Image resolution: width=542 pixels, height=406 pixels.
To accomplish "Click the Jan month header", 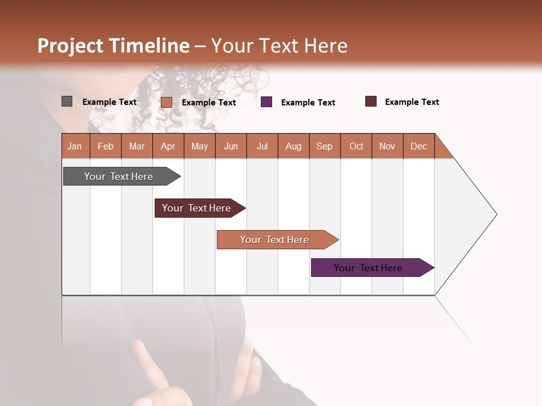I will [x=75, y=146].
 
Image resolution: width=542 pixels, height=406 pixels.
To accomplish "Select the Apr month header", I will [x=168, y=146].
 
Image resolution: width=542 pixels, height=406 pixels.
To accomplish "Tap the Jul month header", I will [x=262, y=146].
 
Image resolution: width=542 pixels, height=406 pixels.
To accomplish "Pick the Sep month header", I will [x=324, y=146].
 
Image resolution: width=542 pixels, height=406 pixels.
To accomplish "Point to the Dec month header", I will [x=418, y=146].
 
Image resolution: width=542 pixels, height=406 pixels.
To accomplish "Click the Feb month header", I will [x=106, y=146].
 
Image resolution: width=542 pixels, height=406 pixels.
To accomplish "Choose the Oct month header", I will [x=356, y=146].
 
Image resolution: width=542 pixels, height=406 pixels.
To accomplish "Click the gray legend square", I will [x=67, y=101].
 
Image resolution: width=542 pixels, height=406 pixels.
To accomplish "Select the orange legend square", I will [x=167, y=102].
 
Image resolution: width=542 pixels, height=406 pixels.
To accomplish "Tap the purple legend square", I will [x=266, y=102].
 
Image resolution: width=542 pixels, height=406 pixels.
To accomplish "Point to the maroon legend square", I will [x=371, y=101].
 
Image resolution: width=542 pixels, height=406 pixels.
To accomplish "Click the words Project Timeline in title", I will [x=113, y=46].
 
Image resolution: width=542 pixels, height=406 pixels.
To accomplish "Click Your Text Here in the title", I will [x=279, y=46].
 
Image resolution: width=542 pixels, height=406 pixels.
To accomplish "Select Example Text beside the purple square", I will [x=308, y=102].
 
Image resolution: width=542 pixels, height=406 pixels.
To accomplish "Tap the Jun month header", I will [x=231, y=146].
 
